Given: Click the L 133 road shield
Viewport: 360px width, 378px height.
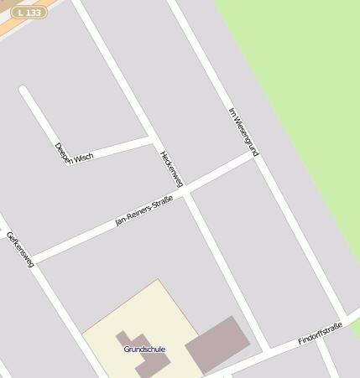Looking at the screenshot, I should (x=29, y=13).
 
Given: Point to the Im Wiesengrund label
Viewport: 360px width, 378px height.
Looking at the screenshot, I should (x=243, y=132).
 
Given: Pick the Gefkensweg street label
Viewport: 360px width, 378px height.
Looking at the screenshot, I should (x=19, y=249).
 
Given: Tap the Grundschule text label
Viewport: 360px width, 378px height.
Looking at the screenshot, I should (x=144, y=349).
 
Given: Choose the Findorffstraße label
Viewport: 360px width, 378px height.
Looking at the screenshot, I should (x=320, y=334).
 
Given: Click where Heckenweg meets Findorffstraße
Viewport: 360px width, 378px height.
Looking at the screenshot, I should (x=269, y=350).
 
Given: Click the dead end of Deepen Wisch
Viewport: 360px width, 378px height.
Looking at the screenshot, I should (x=23, y=90).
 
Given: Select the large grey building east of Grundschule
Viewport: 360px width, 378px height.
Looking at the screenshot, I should (x=217, y=344).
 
